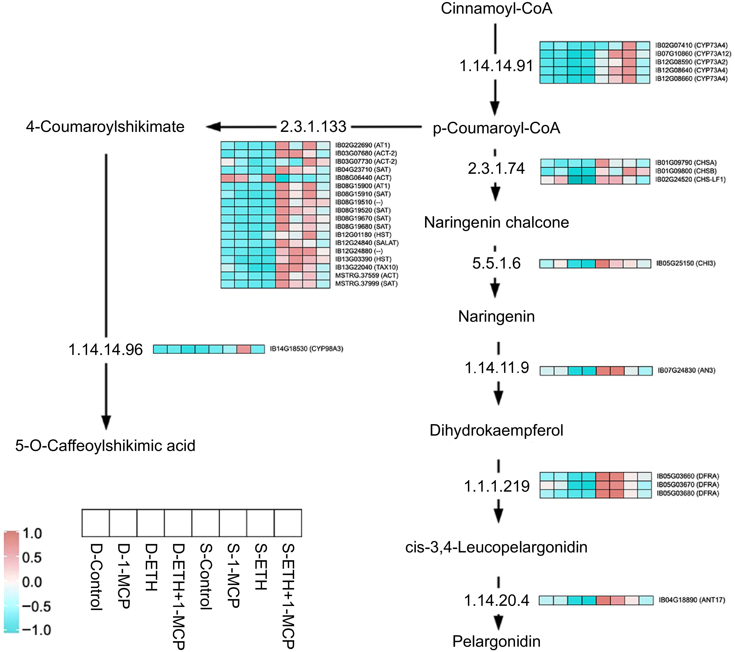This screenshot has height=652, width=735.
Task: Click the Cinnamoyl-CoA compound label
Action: [496, 9]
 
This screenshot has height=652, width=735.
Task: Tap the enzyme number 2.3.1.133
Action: [313, 127]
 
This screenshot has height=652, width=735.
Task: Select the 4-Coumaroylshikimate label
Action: [105, 127]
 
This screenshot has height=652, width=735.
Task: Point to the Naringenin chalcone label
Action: [496, 223]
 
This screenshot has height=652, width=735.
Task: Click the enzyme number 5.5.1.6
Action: [496, 264]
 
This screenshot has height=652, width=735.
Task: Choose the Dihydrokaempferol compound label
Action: [496, 430]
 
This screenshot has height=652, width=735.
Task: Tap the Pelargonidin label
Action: [496, 641]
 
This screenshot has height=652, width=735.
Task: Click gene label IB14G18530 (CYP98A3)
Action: [306, 349]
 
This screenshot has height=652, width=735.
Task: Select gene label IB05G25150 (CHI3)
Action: [686, 264]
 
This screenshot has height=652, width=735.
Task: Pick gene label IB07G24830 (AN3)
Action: [686, 371]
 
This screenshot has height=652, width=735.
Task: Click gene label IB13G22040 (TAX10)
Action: [366, 267]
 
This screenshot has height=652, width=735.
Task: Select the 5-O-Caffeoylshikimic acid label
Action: [105, 446]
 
